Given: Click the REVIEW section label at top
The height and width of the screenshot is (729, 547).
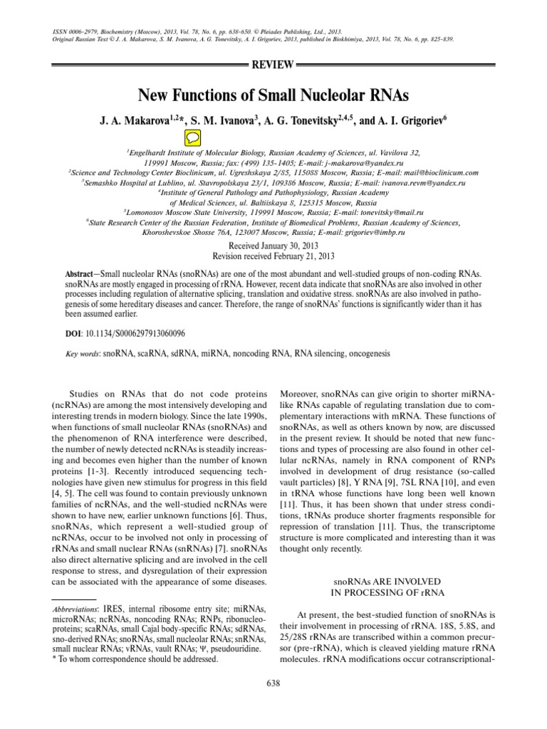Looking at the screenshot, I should coord(273,65).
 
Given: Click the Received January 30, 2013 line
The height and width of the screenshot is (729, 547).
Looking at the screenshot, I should coord(273,245).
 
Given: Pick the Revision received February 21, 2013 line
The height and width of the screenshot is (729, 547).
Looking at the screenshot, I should coord(273,255).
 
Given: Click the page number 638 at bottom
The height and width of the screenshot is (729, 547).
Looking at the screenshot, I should coord(273,684).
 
